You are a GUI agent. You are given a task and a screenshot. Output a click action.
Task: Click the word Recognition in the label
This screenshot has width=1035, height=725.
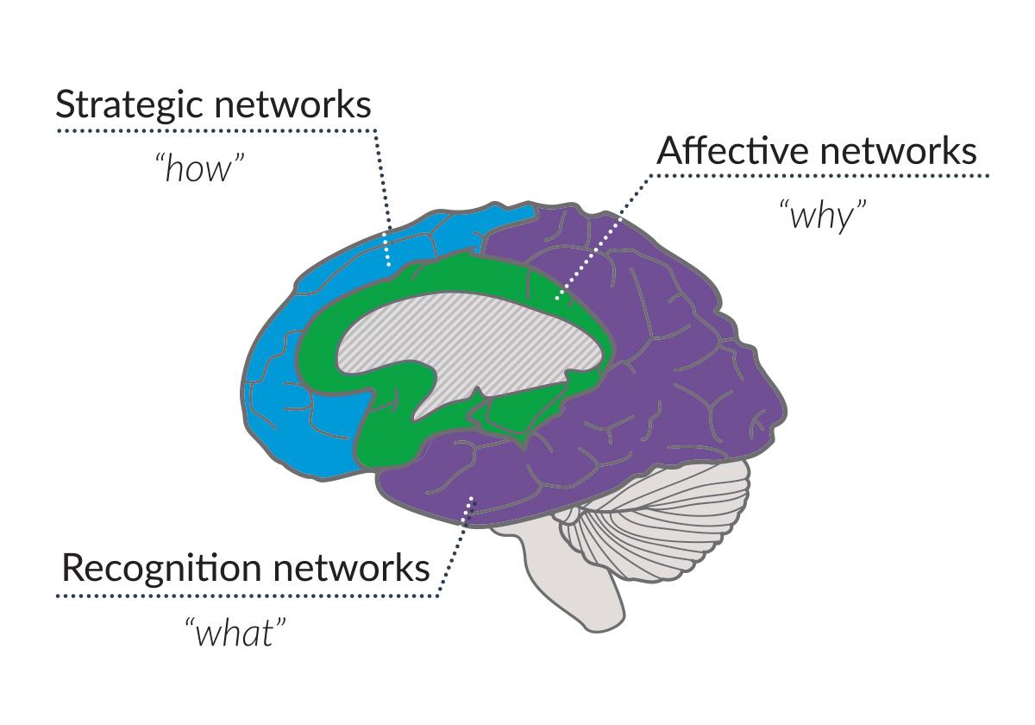pos(160,569)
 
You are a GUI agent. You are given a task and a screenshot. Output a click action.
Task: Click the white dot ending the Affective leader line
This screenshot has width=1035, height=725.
pos(556,299)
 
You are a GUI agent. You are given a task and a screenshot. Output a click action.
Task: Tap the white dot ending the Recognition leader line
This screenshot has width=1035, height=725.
pos(470,498)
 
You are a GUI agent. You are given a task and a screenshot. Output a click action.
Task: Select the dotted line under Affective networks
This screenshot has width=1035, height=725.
pos(819,176)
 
